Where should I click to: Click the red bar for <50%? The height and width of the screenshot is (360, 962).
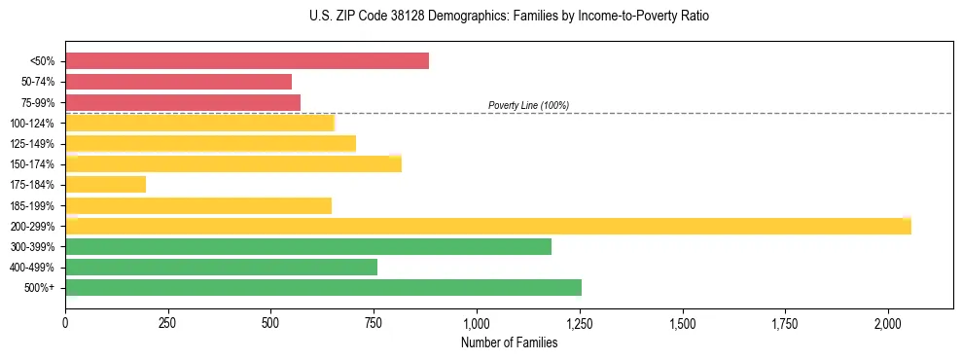pyautogui.click(x=247, y=61)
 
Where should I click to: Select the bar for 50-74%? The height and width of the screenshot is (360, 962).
pyautogui.click(x=179, y=82)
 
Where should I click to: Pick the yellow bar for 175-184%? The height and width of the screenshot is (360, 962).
pyautogui.click(x=106, y=184)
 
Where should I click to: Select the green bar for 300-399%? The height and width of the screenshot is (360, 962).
pyautogui.click(x=308, y=246)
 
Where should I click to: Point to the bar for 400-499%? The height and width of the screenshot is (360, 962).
pyautogui.click(x=222, y=267)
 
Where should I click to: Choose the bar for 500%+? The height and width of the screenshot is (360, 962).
pyautogui.click(x=324, y=287)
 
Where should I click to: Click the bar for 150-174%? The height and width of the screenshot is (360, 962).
pyautogui.click(x=233, y=163)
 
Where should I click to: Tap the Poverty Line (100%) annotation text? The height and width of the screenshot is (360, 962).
pyautogui.click(x=528, y=105)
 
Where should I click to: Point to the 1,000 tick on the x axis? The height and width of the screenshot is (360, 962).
pyautogui.click(x=477, y=323)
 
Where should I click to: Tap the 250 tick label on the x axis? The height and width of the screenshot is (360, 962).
pyautogui.click(x=168, y=323)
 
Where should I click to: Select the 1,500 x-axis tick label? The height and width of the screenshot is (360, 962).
pyautogui.click(x=683, y=323)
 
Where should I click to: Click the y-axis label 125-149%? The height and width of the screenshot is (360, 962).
pyautogui.click(x=33, y=144)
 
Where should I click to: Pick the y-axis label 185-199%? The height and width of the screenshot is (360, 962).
pyautogui.click(x=33, y=205)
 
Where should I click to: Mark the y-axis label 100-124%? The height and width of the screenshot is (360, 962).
pyautogui.click(x=33, y=124)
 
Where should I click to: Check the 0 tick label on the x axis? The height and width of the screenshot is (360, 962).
pyautogui.click(x=65, y=323)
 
